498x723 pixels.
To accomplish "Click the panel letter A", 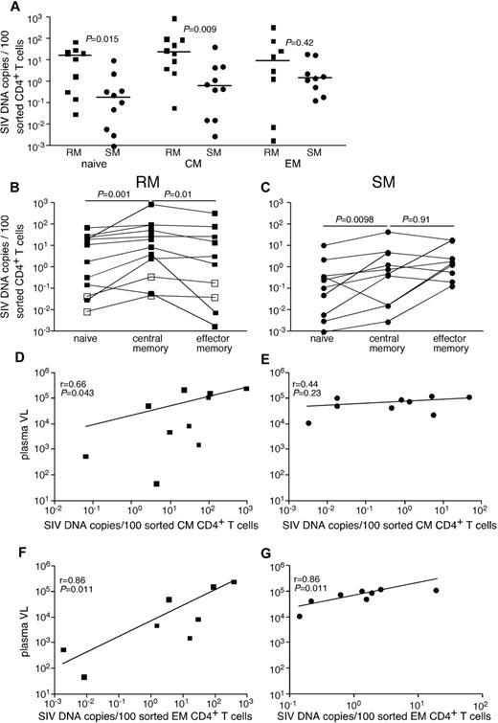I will click(9, 9).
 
